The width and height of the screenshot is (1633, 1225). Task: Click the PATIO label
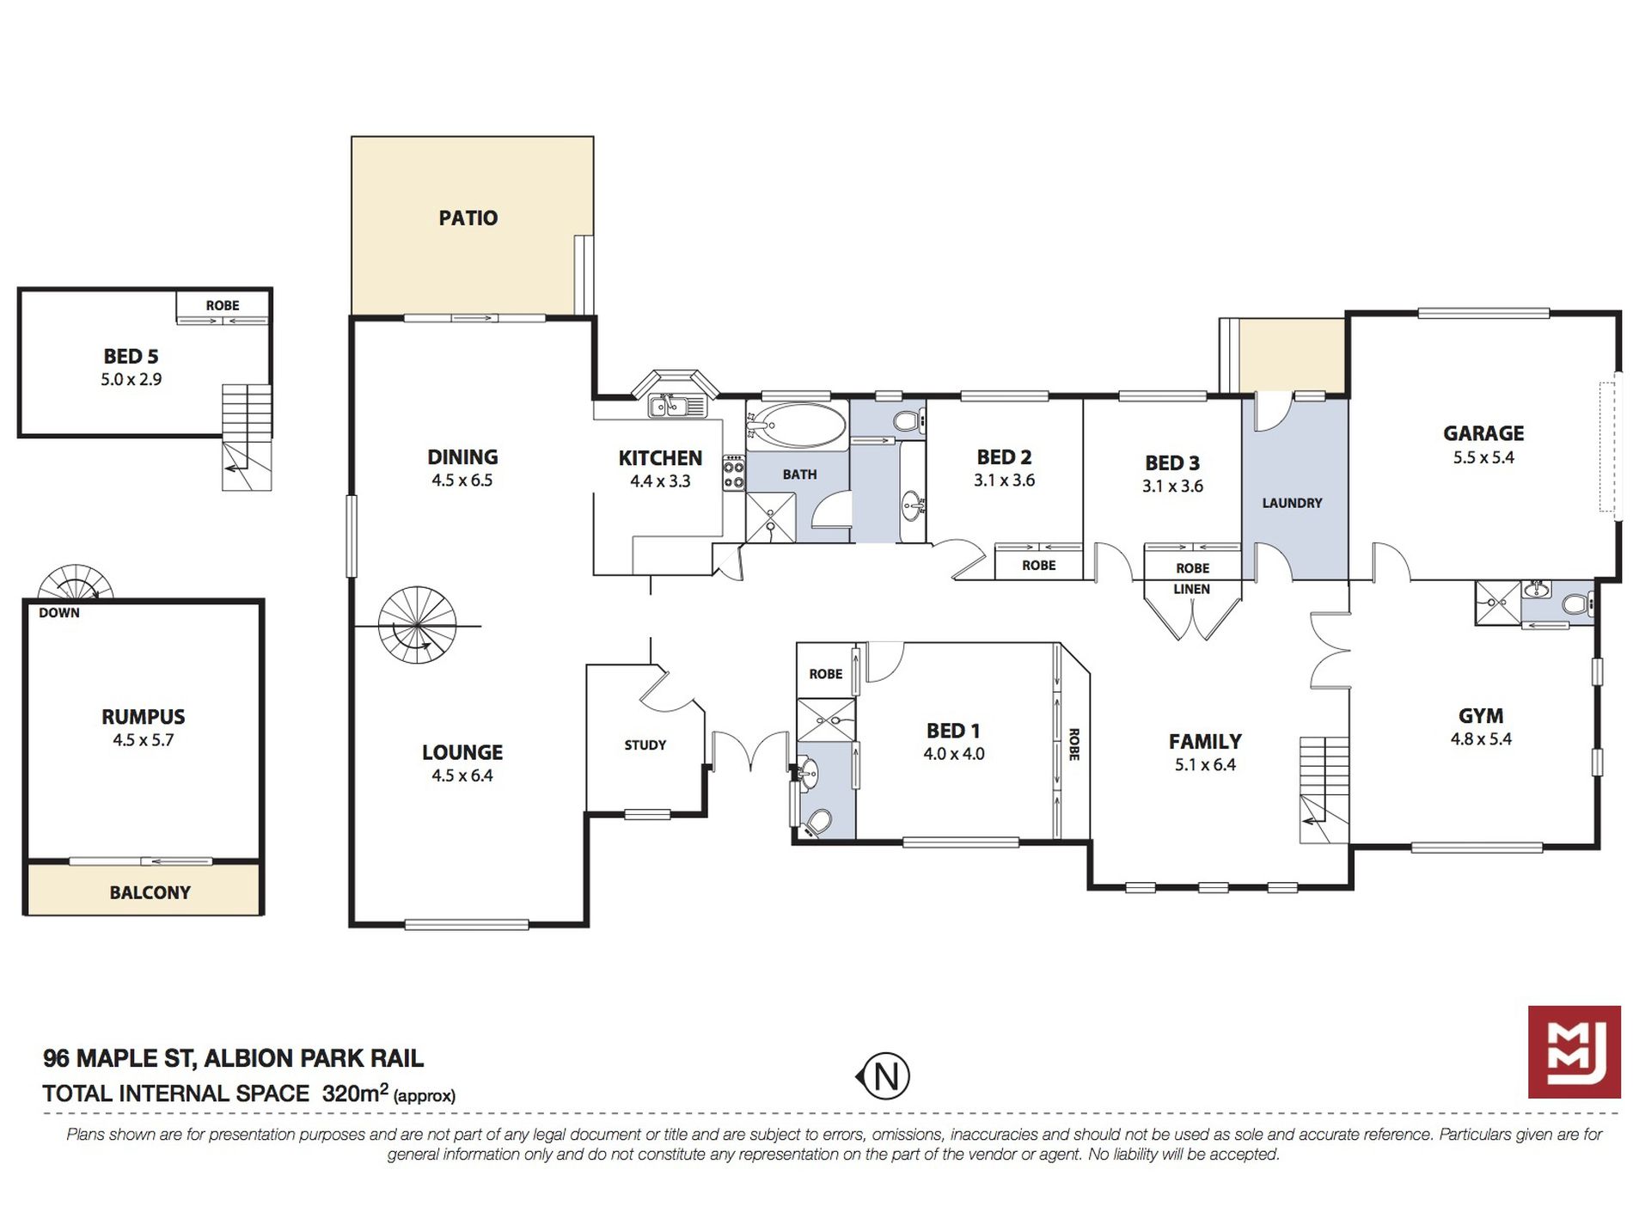pos(468,217)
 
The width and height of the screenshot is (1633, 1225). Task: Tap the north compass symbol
pos(884,1075)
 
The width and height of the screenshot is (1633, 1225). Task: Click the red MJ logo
pos(1574,1051)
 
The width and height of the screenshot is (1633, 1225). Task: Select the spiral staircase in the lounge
pos(416,625)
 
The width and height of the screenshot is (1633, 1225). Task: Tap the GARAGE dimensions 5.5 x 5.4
pos(1483,457)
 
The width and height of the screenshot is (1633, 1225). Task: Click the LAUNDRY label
pos(1291,503)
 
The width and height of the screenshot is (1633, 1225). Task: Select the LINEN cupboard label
pos(1191,589)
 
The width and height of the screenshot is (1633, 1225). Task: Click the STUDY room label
pos(645,744)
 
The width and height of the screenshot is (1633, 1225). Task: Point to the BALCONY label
pos(150,892)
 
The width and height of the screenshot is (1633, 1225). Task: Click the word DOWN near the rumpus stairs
pos(58,613)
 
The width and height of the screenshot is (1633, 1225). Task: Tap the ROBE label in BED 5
pos(222,305)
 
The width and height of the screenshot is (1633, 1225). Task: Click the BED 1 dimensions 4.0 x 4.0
pos(953,754)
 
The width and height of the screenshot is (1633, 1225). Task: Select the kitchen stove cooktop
pos(733,473)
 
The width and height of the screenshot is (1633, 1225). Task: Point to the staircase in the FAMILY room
pos(1323,789)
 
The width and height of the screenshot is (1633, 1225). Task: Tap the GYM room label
pos(1480,715)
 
